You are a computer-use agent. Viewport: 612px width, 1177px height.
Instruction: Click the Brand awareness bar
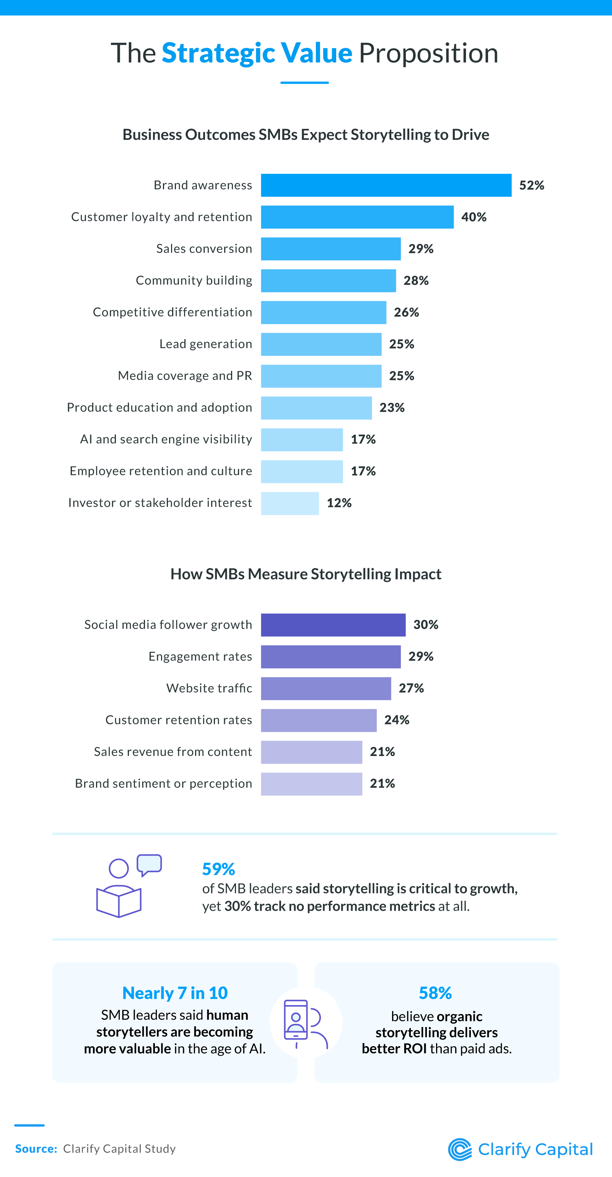coord(386,185)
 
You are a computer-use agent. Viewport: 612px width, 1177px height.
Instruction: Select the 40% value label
coord(474,217)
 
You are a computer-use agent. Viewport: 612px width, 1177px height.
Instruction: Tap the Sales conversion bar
coord(330,249)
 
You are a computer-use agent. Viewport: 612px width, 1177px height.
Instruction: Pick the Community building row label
coord(194,280)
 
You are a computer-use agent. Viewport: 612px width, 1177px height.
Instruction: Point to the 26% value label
coord(406,312)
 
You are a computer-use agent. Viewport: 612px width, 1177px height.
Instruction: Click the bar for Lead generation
coord(321,344)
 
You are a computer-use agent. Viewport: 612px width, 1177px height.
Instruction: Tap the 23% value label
coord(392,408)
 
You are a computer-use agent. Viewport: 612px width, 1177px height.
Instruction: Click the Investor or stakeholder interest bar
coord(290,503)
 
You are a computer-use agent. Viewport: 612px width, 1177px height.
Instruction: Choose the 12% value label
coord(339,503)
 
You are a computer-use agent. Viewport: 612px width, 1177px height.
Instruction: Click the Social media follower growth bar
coord(333,624)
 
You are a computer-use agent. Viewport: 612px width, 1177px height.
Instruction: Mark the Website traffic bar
coord(326,688)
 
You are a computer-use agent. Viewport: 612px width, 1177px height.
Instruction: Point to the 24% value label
coord(396,720)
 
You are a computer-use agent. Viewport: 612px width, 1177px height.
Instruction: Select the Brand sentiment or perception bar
coord(311,784)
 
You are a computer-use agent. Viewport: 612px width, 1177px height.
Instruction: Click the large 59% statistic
coord(218,869)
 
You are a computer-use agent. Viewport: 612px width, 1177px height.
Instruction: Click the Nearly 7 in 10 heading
coord(175,993)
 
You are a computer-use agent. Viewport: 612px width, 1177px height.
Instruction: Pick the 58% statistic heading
coord(435,993)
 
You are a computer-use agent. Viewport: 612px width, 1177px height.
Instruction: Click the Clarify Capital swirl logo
coord(459,1149)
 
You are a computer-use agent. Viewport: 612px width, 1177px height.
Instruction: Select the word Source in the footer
coord(36,1149)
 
